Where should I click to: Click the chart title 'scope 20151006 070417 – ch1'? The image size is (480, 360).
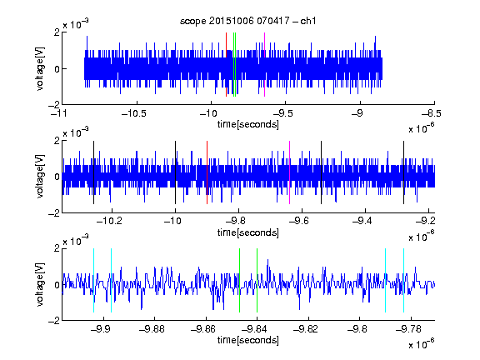click(x=247, y=21)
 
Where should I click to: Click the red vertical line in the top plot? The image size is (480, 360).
click(x=226, y=64)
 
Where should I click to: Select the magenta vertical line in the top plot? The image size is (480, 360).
click(x=264, y=64)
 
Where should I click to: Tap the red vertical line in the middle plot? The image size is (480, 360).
click(x=207, y=172)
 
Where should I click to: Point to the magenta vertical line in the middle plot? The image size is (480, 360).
click(x=290, y=172)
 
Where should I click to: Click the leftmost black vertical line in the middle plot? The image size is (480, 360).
click(x=93, y=172)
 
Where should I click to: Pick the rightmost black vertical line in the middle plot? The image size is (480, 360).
click(x=404, y=172)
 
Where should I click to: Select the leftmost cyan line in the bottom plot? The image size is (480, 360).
click(x=93, y=280)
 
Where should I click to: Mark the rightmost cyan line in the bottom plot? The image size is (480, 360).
click(x=404, y=280)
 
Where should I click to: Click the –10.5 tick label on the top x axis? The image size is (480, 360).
click(x=134, y=113)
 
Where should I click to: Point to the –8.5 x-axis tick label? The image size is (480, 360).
click(x=432, y=113)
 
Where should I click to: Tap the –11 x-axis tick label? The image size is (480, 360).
click(x=60, y=113)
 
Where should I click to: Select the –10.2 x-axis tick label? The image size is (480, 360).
click(x=110, y=221)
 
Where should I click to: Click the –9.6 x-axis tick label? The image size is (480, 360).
click(x=299, y=221)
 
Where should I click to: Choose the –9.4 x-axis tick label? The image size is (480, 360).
click(x=362, y=221)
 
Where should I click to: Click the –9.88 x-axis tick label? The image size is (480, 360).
click(x=152, y=329)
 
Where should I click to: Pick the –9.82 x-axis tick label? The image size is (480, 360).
click(x=306, y=329)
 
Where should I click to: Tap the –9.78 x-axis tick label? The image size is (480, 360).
click(x=408, y=329)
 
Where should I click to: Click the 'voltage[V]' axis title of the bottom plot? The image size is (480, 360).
click(x=40, y=285)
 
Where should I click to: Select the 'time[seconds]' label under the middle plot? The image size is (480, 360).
click(x=248, y=232)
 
